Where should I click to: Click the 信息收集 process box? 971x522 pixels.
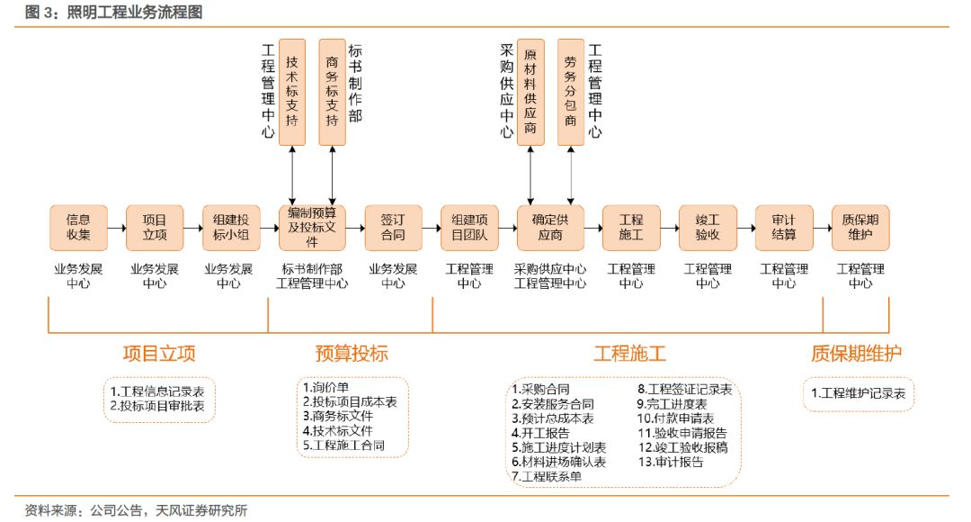(x=78, y=228)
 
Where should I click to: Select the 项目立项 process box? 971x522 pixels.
(x=155, y=228)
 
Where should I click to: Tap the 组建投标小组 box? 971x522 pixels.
(x=231, y=228)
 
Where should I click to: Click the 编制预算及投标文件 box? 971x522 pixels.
(x=311, y=227)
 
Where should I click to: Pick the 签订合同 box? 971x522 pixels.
(x=393, y=228)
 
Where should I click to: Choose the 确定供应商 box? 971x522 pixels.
(x=550, y=228)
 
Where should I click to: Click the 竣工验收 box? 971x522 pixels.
(x=708, y=228)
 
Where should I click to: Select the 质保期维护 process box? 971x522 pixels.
(x=860, y=228)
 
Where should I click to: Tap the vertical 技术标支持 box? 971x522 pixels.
(x=292, y=92)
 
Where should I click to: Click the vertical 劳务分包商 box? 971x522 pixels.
(x=571, y=92)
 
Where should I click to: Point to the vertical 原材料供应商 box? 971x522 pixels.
(x=531, y=92)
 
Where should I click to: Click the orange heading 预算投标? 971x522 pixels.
(x=352, y=353)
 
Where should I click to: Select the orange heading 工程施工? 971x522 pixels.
(x=629, y=353)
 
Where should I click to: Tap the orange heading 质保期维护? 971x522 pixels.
(x=856, y=353)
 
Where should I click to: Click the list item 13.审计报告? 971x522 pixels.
(x=672, y=462)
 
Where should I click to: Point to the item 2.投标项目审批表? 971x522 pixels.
(x=157, y=406)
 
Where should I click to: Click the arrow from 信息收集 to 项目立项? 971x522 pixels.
(x=117, y=228)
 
